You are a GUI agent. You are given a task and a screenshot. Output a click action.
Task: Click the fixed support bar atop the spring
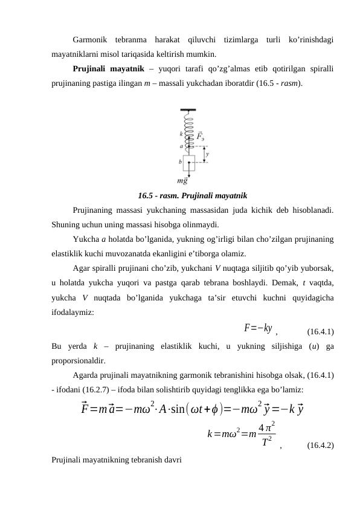click(188, 109)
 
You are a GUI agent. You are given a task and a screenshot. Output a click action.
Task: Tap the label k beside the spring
click(181, 134)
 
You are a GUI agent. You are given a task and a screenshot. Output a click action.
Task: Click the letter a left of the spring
click(181, 146)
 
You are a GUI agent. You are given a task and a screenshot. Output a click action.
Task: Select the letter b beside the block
click(180, 161)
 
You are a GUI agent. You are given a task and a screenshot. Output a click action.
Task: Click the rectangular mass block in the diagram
click(189, 163)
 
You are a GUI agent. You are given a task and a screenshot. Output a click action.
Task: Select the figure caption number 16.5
click(146, 196)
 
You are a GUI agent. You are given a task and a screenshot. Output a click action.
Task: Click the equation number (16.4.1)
click(321, 332)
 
